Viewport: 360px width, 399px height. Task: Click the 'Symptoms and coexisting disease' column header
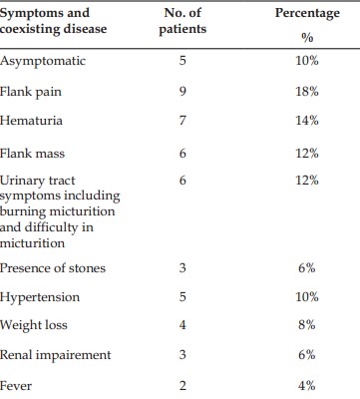point(53,21)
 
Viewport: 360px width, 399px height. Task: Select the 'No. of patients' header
point(182,21)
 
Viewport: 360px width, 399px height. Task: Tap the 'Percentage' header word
point(307,13)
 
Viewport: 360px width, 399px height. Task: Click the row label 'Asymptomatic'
point(43,61)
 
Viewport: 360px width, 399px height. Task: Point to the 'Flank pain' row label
point(31,92)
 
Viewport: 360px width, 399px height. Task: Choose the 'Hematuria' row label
point(31,120)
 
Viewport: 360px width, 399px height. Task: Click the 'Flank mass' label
point(32,154)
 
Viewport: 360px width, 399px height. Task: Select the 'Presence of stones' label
point(53,268)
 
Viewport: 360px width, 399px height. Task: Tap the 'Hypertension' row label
point(40,297)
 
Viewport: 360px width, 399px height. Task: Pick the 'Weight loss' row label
point(34,325)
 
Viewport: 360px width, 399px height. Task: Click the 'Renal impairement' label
point(55,355)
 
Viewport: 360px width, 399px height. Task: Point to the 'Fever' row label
point(16,386)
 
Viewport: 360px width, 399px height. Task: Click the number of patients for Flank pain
point(182,91)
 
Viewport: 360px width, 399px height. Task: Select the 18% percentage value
point(307,91)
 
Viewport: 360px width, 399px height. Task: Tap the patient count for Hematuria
point(182,120)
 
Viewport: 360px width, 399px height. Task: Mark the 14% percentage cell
point(307,120)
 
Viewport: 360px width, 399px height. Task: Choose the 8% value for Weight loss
point(307,324)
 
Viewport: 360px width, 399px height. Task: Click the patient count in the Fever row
point(182,386)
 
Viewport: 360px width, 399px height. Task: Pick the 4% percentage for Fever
point(307,386)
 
